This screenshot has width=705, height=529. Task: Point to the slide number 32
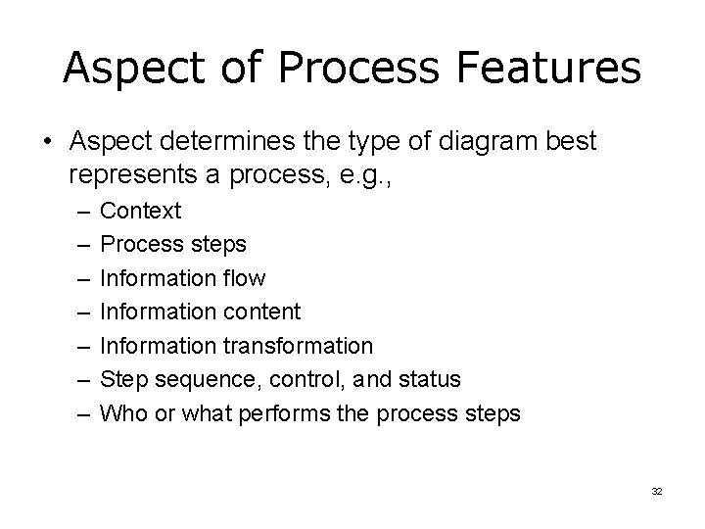tap(656, 491)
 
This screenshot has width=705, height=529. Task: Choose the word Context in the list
tap(140, 211)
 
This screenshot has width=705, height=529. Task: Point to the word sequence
tap(196, 379)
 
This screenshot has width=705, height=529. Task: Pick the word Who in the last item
tap(123, 413)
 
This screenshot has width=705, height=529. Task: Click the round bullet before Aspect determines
tap(48, 141)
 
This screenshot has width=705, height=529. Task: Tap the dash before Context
tap(78, 211)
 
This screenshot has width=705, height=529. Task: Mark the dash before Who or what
tap(78, 413)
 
